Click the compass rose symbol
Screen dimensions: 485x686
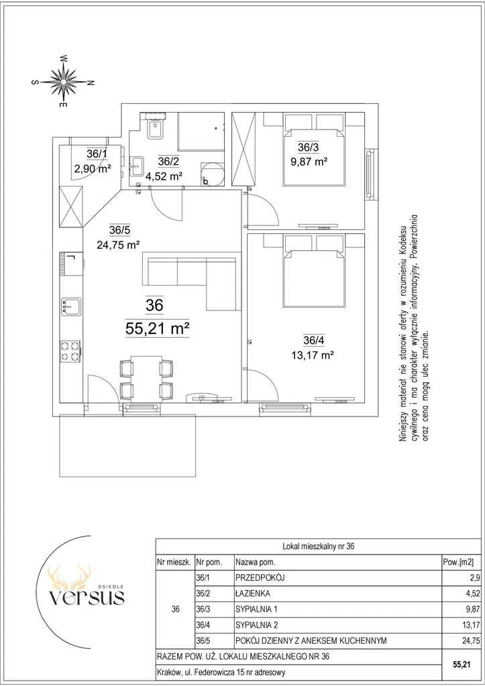(x=64, y=81)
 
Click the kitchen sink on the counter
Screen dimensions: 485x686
(x=70, y=305)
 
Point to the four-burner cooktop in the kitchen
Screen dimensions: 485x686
(x=70, y=351)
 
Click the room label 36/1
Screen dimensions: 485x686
(x=97, y=154)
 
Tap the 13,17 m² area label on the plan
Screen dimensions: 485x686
(x=313, y=355)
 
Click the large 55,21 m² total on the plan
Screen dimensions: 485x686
(x=157, y=328)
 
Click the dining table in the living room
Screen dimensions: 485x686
(x=146, y=378)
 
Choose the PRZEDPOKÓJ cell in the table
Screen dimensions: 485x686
(x=260, y=577)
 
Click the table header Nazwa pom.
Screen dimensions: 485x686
(x=255, y=562)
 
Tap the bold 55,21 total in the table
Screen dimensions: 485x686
(x=462, y=665)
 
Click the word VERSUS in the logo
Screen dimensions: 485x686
(x=87, y=597)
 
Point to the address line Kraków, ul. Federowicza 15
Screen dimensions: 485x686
(x=221, y=673)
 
